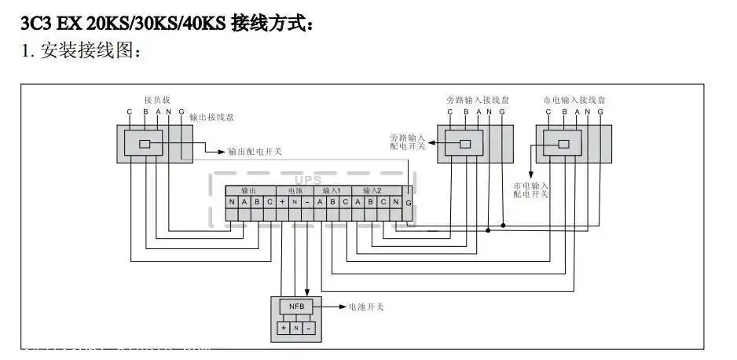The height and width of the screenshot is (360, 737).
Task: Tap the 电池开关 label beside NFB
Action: (x=365, y=307)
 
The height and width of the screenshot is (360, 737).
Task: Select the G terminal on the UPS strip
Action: (x=408, y=202)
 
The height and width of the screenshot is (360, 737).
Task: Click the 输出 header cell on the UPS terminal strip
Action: (x=249, y=190)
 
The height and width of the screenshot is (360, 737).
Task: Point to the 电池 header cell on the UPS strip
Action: (x=295, y=190)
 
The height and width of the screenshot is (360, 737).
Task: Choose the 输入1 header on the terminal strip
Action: (x=332, y=190)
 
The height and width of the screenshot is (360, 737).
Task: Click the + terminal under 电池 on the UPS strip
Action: (x=282, y=202)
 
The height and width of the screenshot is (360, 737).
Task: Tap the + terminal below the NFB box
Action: (x=283, y=327)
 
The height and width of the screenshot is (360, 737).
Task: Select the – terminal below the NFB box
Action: (x=309, y=327)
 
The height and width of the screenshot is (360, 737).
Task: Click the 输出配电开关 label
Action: (x=255, y=150)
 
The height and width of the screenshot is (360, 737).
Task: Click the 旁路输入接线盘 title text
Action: (x=478, y=100)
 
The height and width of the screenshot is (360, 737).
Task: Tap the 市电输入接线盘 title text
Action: (x=574, y=100)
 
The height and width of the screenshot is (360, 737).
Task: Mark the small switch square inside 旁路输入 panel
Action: (x=465, y=144)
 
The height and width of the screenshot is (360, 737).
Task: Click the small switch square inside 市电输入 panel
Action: (x=563, y=144)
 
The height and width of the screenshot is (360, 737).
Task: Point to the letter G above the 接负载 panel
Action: (x=181, y=112)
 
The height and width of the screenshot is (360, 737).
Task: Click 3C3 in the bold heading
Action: (x=35, y=24)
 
